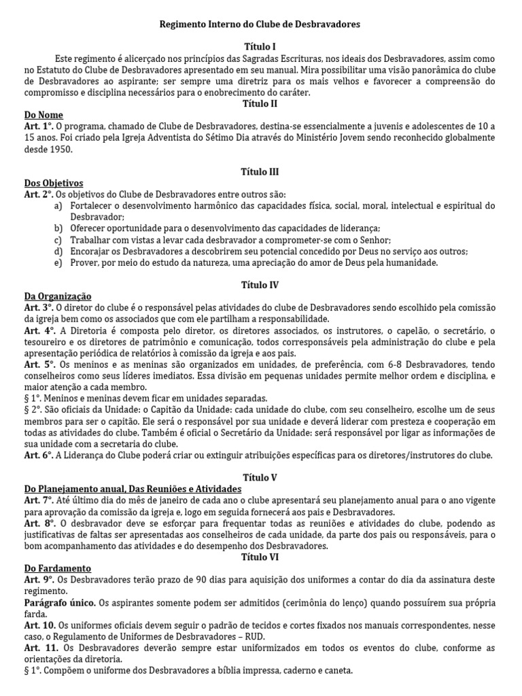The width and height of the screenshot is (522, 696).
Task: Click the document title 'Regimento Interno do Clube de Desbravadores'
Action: (260, 24)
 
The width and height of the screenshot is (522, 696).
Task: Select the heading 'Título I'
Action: (260, 47)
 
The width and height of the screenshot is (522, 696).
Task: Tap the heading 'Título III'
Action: (260, 172)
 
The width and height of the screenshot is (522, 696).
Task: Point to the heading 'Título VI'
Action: (260, 557)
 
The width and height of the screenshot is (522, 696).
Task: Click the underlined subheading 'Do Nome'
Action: (43, 115)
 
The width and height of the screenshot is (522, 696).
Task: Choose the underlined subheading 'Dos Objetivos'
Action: (54, 183)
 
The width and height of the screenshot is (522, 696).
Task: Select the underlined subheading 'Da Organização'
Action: (57, 296)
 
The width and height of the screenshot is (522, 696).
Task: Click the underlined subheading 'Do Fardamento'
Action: (57, 568)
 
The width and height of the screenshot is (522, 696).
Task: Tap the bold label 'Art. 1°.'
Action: (38, 126)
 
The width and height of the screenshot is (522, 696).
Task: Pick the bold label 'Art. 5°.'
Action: (38, 364)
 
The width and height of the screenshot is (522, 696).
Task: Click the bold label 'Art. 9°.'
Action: (38, 580)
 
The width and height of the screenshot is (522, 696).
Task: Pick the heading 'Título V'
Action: (260, 478)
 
